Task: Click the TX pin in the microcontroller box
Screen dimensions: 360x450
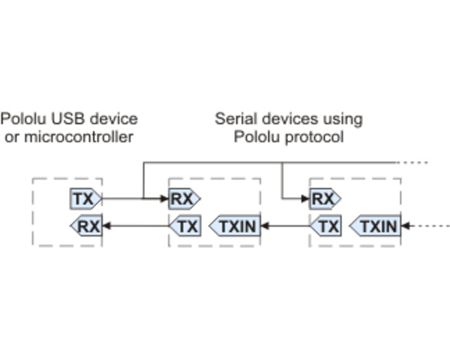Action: [84, 199]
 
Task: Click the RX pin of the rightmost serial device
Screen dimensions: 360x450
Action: [323, 199]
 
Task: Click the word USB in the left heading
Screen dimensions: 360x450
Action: [60, 118]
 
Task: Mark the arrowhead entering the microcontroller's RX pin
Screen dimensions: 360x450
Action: [106, 225]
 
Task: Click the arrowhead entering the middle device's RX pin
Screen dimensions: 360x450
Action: [164, 199]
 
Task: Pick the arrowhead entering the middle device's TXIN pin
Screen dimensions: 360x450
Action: [265, 225]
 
